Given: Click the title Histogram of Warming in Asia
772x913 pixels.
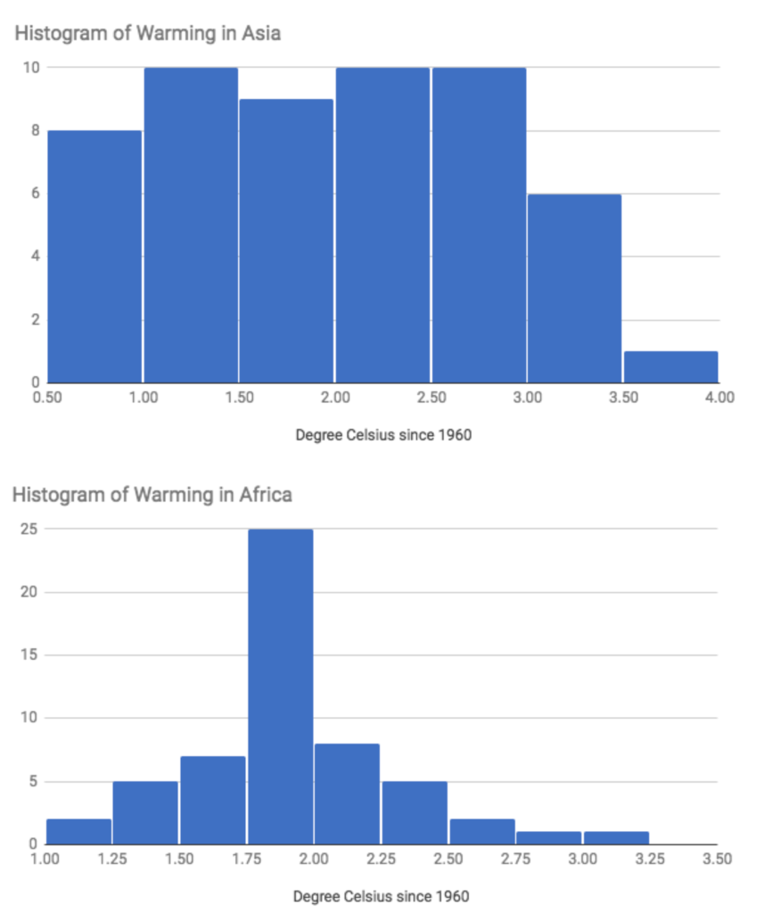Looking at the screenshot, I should [146, 35].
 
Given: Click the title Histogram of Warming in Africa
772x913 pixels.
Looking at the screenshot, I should [152, 494].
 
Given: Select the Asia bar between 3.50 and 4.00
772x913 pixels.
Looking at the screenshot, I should [670, 366].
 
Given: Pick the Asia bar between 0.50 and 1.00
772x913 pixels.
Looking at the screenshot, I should [94, 257].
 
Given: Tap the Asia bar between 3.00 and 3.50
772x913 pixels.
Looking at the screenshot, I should [574, 288].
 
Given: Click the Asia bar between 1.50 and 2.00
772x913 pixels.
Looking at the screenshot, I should [286, 241].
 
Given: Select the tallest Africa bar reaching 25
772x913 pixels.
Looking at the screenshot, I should [280, 687].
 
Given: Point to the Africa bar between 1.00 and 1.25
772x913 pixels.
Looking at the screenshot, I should [78, 831].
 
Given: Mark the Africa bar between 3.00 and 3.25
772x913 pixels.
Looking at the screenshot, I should [616, 837].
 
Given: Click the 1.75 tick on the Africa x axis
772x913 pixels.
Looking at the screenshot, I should [246, 860].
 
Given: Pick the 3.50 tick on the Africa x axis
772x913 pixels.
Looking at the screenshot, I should [716, 860].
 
